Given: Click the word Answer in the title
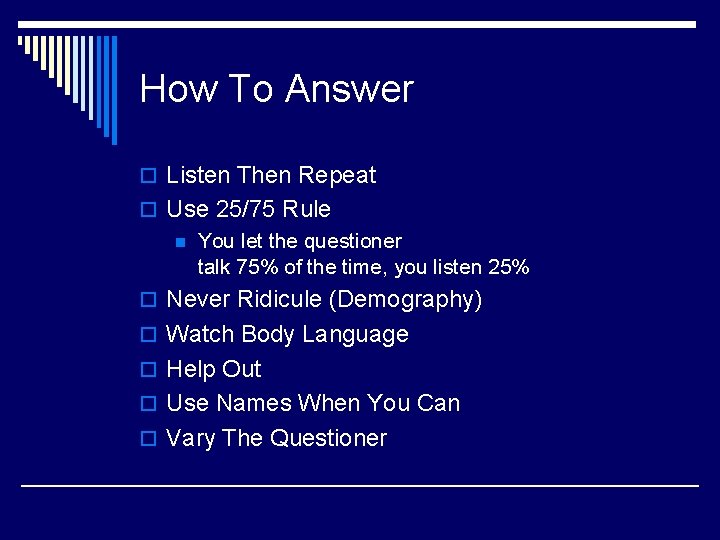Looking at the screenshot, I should (349, 89).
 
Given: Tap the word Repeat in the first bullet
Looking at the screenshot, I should (337, 175).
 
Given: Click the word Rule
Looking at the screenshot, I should (307, 210).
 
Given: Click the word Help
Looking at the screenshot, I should (191, 369).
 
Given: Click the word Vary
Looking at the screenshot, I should (191, 438).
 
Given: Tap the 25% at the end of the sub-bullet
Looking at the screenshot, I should (508, 267).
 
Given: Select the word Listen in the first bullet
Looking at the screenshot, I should (199, 175).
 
